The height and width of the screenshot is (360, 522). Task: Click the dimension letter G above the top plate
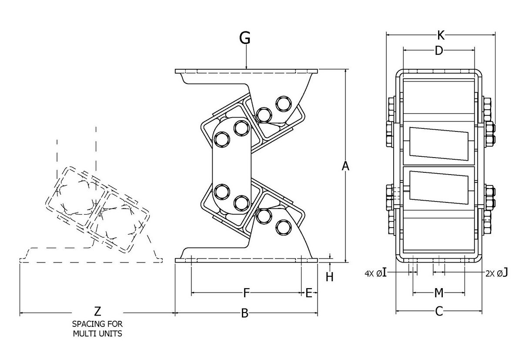(245, 38)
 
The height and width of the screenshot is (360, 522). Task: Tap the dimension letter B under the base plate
(245, 313)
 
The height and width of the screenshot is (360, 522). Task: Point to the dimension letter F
(246, 293)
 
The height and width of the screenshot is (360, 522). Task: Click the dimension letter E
(309, 293)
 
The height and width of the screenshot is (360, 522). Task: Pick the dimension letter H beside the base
(330, 277)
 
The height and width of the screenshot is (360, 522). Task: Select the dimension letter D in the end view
(439, 51)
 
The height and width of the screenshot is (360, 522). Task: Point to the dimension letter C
(439, 311)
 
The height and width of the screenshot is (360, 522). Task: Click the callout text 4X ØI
(375, 273)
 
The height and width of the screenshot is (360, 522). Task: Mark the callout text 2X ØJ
(497, 273)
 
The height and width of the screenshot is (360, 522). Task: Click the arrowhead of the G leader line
(247, 67)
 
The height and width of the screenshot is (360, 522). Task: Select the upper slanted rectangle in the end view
(439, 143)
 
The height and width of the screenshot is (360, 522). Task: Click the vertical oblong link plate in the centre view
(231, 168)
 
